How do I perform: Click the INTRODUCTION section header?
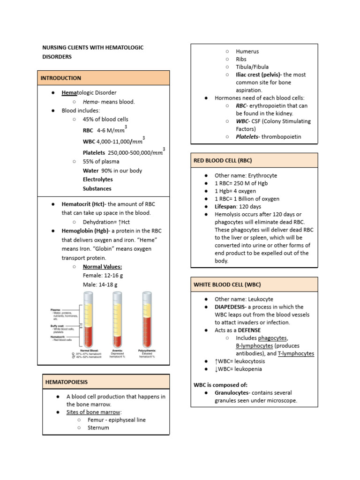tap(61, 78)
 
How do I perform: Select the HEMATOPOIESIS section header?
tap(66, 382)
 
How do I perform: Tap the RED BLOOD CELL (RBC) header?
tap(223, 160)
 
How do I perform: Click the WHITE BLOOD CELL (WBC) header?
tap(227, 285)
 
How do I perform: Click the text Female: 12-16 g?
tap(103, 275)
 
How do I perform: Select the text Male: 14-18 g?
tap(100, 285)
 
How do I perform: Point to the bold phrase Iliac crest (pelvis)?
tap(258, 75)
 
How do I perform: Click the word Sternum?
tap(98, 427)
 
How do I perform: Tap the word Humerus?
tap(247, 52)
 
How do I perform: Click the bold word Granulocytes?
tap(232, 393)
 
